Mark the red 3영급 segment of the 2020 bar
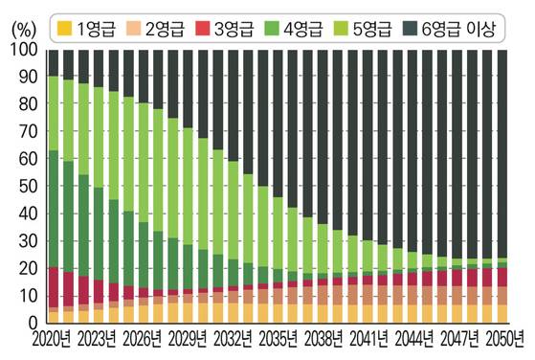[54, 286]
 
